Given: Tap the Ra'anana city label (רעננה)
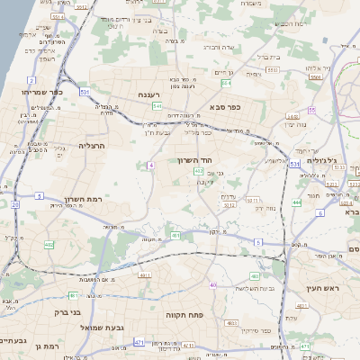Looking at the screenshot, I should tap(149, 94).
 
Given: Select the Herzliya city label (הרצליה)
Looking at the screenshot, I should tap(92, 145).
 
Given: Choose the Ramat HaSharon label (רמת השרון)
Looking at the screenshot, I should tap(84, 200).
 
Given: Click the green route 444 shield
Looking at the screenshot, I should tap(296, 202).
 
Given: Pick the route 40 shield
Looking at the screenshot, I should tap(212, 285).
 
